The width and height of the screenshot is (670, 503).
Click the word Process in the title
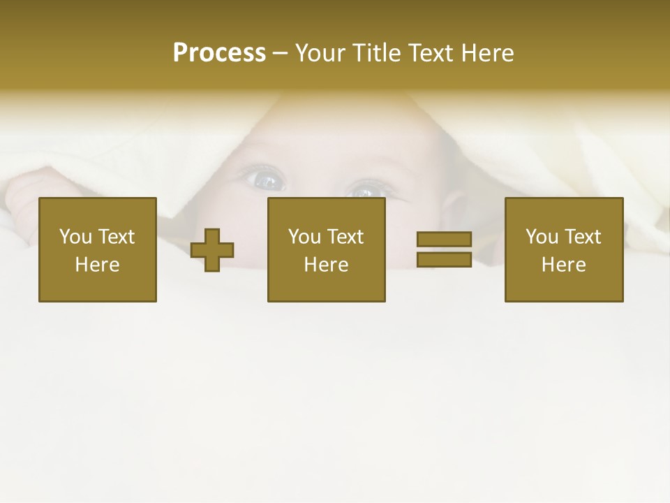[219, 53]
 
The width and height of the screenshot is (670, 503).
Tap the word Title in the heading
[377, 53]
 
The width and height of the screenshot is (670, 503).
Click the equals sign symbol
[444, 249]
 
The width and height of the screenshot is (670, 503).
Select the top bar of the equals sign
[444, 240]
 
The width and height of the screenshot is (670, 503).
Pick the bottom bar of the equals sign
[444, 259]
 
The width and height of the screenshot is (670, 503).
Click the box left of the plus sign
[98, 249]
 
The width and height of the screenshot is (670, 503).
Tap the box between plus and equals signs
[327, 249]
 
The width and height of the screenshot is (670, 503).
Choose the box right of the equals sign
[564, 249]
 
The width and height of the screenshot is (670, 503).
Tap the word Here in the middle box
[327, 265]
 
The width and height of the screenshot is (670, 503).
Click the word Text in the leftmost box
[116, 237]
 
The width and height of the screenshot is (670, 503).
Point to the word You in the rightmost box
[542, 237]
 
